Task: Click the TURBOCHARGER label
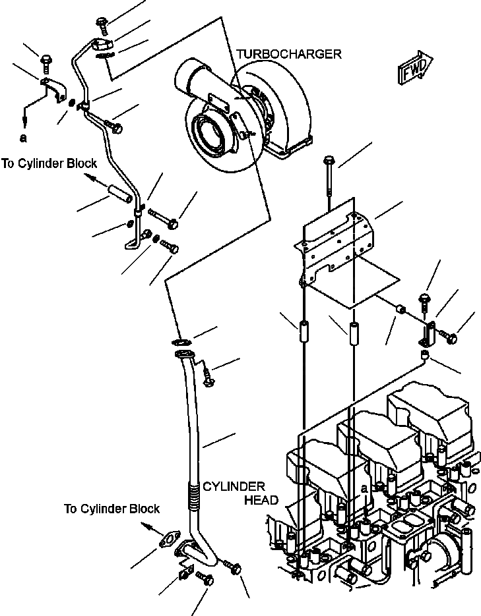click(289, 54)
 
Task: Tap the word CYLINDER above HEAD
click(234, 487)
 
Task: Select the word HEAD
click(261, 500)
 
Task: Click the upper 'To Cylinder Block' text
click(49, 163)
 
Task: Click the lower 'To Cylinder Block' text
click(112, 509)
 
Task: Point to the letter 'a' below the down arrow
click(24, 138)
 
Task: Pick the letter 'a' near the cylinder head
click(365, 489)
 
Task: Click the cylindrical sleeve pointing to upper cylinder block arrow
click(119, 194)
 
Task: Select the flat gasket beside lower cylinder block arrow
click(170, 539)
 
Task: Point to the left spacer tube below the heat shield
click(304, 332)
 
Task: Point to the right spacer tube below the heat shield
click(353, 334)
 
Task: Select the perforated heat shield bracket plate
click(335, 248)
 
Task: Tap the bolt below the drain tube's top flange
click(208, 377)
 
